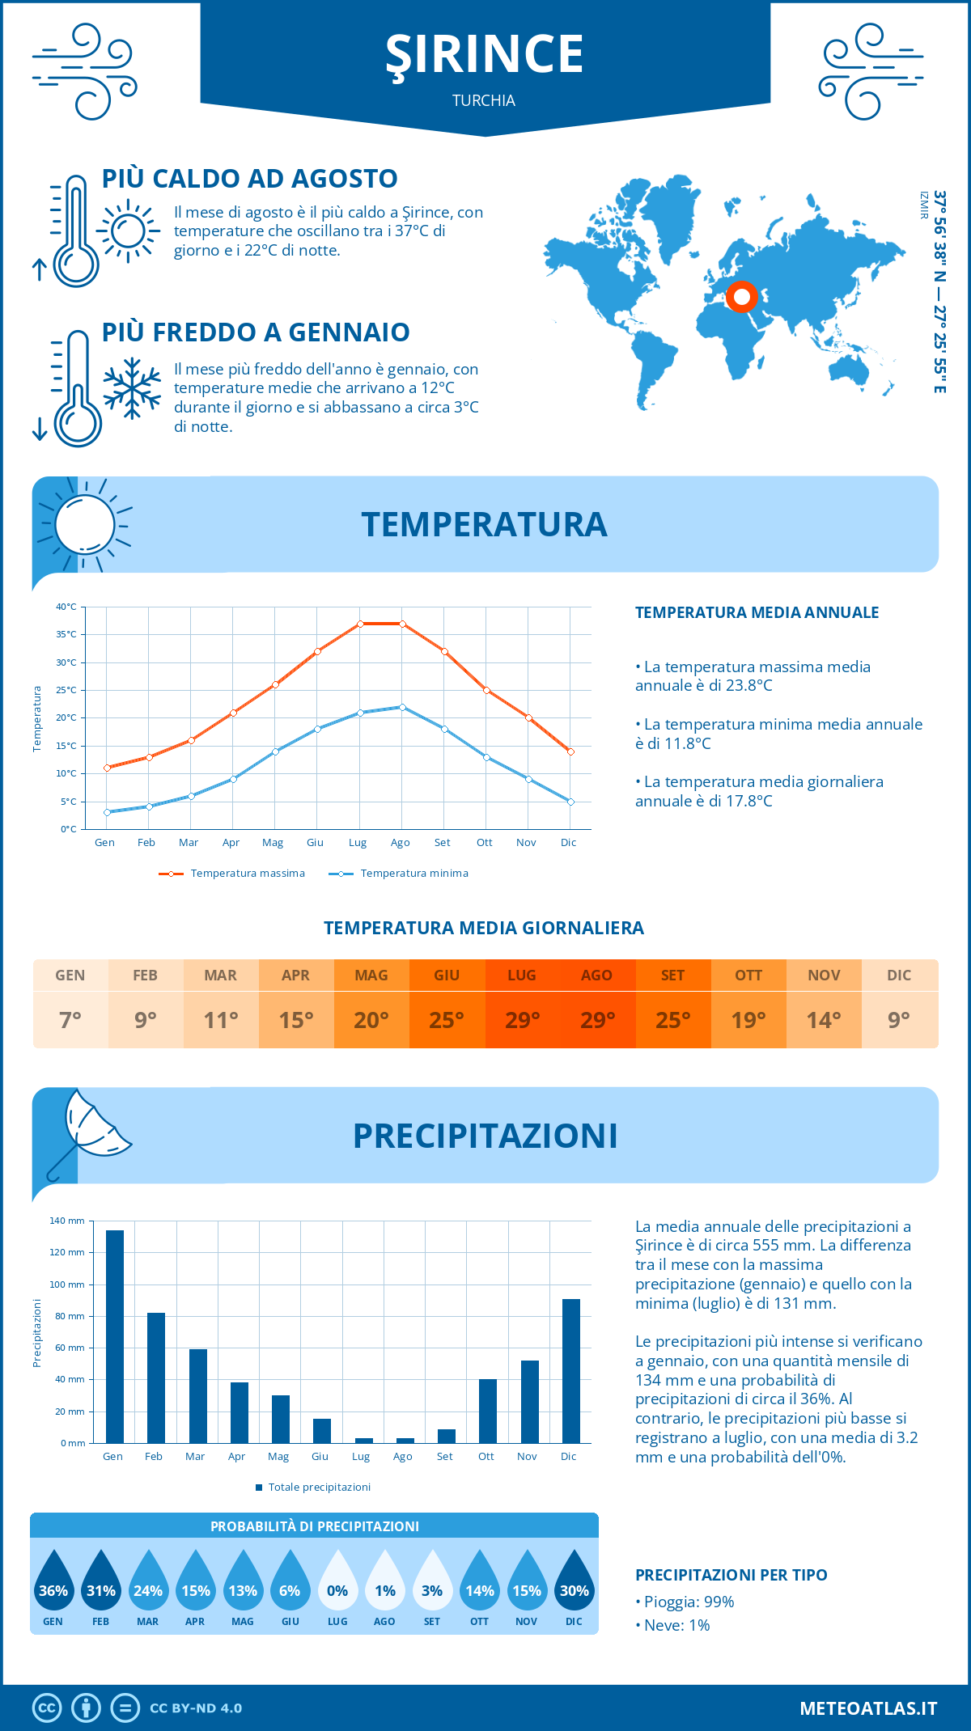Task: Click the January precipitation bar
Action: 115,1336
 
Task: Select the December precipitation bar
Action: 571,1371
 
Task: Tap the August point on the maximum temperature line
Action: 402,624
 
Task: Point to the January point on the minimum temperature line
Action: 107,812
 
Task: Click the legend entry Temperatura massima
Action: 233,874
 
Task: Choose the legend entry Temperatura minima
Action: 399,874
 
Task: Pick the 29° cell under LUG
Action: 522,1020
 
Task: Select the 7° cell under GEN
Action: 70,1020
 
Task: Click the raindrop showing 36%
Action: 53,1583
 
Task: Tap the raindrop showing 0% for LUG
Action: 337,1583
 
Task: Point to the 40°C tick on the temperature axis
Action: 66,607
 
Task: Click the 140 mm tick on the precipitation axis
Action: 68,1221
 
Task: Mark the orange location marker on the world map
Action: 741,297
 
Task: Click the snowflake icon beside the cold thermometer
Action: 132,388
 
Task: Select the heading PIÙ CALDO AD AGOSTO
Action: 250,179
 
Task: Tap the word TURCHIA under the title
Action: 484,100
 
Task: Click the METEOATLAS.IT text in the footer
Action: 868,1708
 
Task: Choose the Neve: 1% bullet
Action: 674,1625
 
